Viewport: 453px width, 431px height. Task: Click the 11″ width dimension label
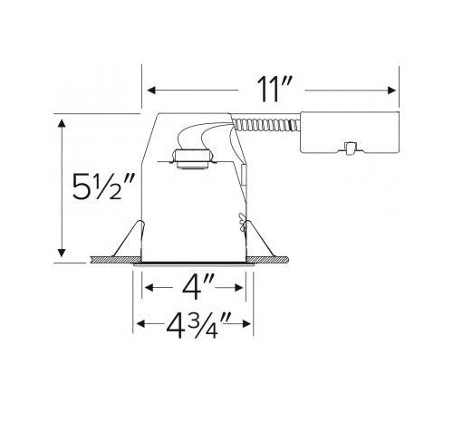pyautogui.click(x=275, y=89)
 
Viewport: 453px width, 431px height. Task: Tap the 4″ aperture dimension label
pyautogui.click(x=198, y=287)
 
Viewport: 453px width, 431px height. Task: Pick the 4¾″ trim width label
pyautogui.click(x=198, y=326)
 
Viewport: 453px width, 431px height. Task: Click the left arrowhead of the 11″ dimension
pyautogui.click(x=151, y=90)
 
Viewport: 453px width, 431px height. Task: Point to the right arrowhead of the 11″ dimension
pyautogui.click(x=391, y=90)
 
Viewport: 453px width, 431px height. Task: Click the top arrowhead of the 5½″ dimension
pyautogui.click(x=62, y=124)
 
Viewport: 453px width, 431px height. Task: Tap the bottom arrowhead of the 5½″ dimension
pyautogui.click(x=62, y=253)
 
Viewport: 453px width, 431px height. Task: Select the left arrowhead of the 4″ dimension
pyautogui.click(x=149, y=288)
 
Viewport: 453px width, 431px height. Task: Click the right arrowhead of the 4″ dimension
pyautogui.click(x=239, y=288)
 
